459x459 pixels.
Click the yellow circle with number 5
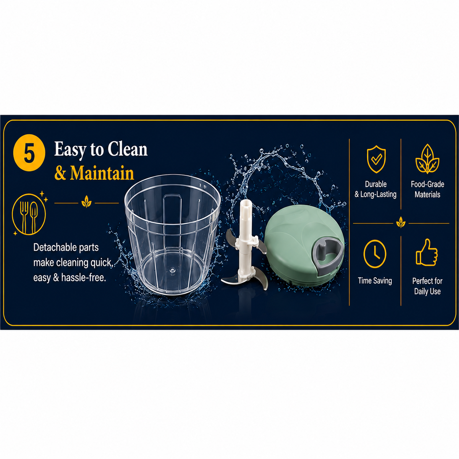pyautogui.click(x=29, y=153)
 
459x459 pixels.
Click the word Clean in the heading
pyautogui.click(x=127, y=149)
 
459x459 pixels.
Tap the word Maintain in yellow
pyautogui.click(x=102, y=173)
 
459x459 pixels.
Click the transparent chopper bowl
pyautogui.click(x=172, y=234)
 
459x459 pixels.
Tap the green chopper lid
pyautogui.click(x=304, y=245)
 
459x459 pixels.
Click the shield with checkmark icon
pyautogui.click(x=376, y=159)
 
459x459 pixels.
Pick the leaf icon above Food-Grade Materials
pyautogui.click(x=427, y=159)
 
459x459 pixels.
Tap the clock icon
pyautogui.click(x=375, y=254)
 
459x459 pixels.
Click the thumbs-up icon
pyautogui.click(x=426, y=252)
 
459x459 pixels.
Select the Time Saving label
pyautogui.click(x=375, y=281)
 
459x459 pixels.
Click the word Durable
pyautogui.click(x=376, y=184)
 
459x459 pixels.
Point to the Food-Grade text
pyautogui.click(x=428, y=184)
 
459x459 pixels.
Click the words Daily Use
pyautogui.click(x=427, y=291)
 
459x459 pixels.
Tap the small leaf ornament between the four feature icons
pyautogui.click(x=401, y=223)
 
